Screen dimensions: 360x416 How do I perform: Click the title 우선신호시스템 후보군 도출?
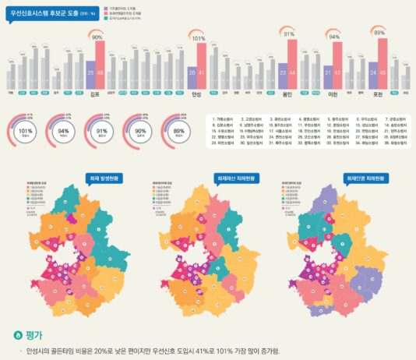pos(47,14)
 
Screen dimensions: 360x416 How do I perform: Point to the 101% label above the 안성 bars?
pos(198,37)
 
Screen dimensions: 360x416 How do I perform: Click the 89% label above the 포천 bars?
pos(379,33)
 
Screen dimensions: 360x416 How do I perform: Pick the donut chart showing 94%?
pos(60,131)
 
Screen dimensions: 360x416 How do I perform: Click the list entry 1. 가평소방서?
pos(226,122)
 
